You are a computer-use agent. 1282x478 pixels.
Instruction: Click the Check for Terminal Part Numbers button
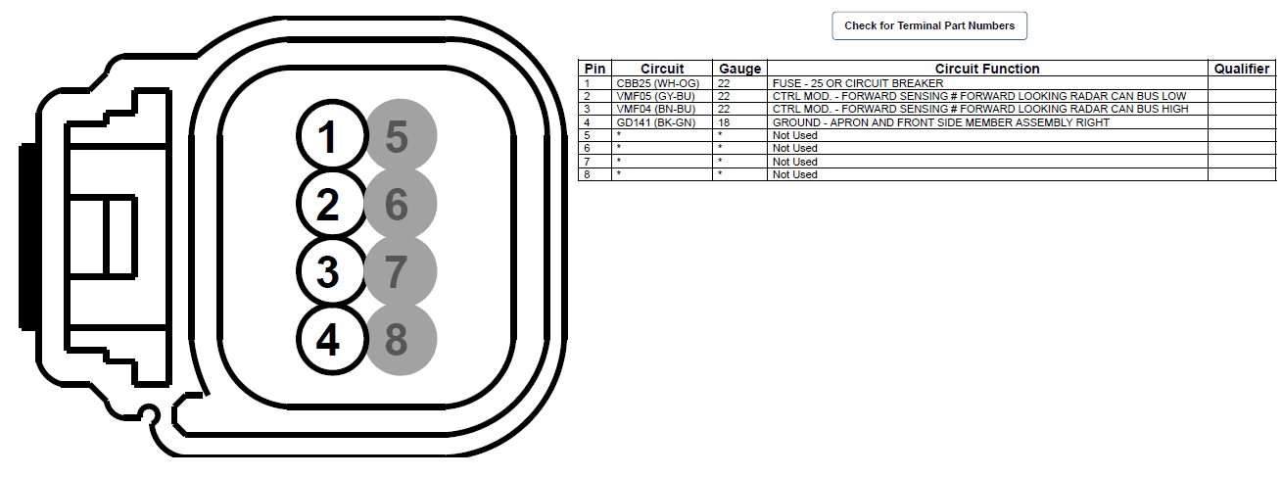pyautogui.click(x=929, y=25)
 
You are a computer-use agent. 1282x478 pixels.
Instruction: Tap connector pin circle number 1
pyautogui.click(x=332, y=136)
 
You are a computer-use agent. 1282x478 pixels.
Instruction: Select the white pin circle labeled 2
pyautogui.click(x=332, y=203)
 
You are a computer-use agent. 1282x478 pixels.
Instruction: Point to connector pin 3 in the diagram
pyautogui.click(x=332, y=270)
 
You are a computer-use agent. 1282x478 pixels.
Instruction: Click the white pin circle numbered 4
pyautogui.click(x=332, y=340)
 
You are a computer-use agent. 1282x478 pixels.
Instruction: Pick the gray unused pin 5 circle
pyautogui.click(x=402, y=136)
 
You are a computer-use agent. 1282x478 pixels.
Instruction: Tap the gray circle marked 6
pyautogui.click(x=402, y=203)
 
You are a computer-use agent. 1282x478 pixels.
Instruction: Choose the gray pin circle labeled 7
pyautogui.click(x=402, y=271)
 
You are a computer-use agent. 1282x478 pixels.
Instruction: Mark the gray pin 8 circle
pyautogui.click(x=402, y=340)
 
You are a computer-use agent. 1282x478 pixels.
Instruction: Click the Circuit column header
pyautogui.click(x=662, y=69)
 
